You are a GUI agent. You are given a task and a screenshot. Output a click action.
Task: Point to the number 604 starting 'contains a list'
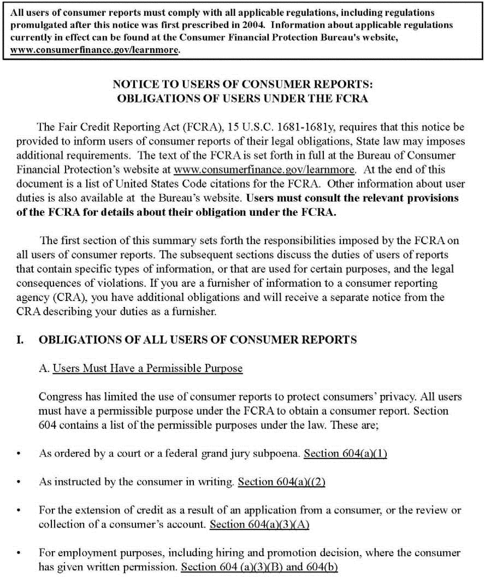[47, 425]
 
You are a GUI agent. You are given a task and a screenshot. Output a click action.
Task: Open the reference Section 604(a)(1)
[345, 454]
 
